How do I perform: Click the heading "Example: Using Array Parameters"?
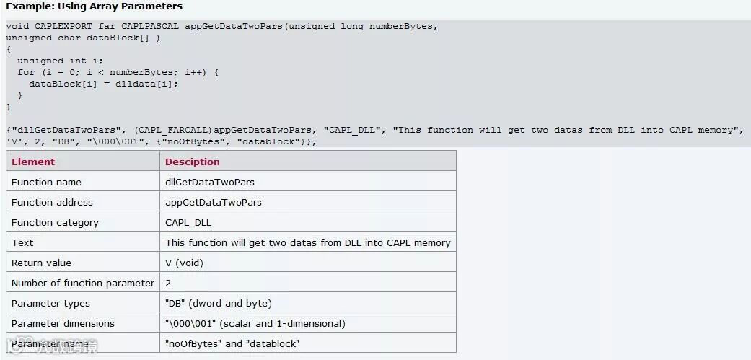coord(94,6)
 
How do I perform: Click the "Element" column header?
coord(33,162)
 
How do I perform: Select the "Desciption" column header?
coord(193,162)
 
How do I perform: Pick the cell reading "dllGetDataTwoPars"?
coord(210,182)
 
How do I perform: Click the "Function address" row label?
coord(52,202)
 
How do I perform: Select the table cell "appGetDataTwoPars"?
coord(214,202)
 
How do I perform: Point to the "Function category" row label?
coord(55,222)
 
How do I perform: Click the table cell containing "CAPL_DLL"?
coord(188,222)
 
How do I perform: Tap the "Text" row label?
coord(22,242)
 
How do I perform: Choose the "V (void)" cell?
coord(184,263)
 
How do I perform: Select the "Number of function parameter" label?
coord(83,283)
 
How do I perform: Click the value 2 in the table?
coord(168,283)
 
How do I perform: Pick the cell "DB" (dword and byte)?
coord(218,303)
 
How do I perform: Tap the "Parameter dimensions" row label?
coord(63,323)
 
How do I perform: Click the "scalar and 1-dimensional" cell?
coord(255,323)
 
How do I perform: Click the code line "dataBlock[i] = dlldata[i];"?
coord(103,84)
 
